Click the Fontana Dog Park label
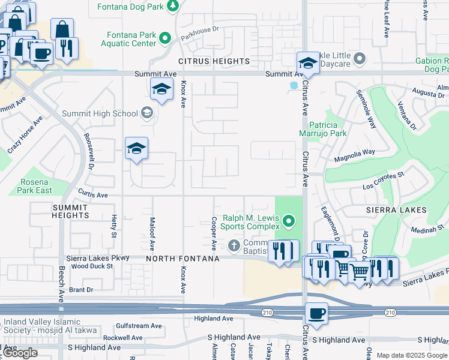pos(131,7)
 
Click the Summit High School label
pos(100,113)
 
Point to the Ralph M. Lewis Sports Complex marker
pos(289,223)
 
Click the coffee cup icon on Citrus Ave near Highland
pos(316,313)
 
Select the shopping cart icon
pos(359,272)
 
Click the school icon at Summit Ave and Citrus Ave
pos(307,62)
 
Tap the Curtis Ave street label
pos(92,195)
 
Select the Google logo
pos(20,353)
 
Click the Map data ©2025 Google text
pos(412,355)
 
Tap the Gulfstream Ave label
pos(139,326)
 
